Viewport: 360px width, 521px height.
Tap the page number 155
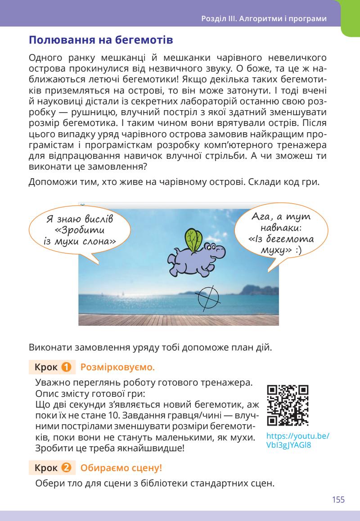click(338, 499)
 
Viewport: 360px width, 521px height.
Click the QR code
click(288, 405)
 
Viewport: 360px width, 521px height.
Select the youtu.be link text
click(297, 440)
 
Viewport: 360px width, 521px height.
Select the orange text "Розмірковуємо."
click(117, 368)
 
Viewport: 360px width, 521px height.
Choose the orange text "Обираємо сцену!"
click(121, 468)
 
